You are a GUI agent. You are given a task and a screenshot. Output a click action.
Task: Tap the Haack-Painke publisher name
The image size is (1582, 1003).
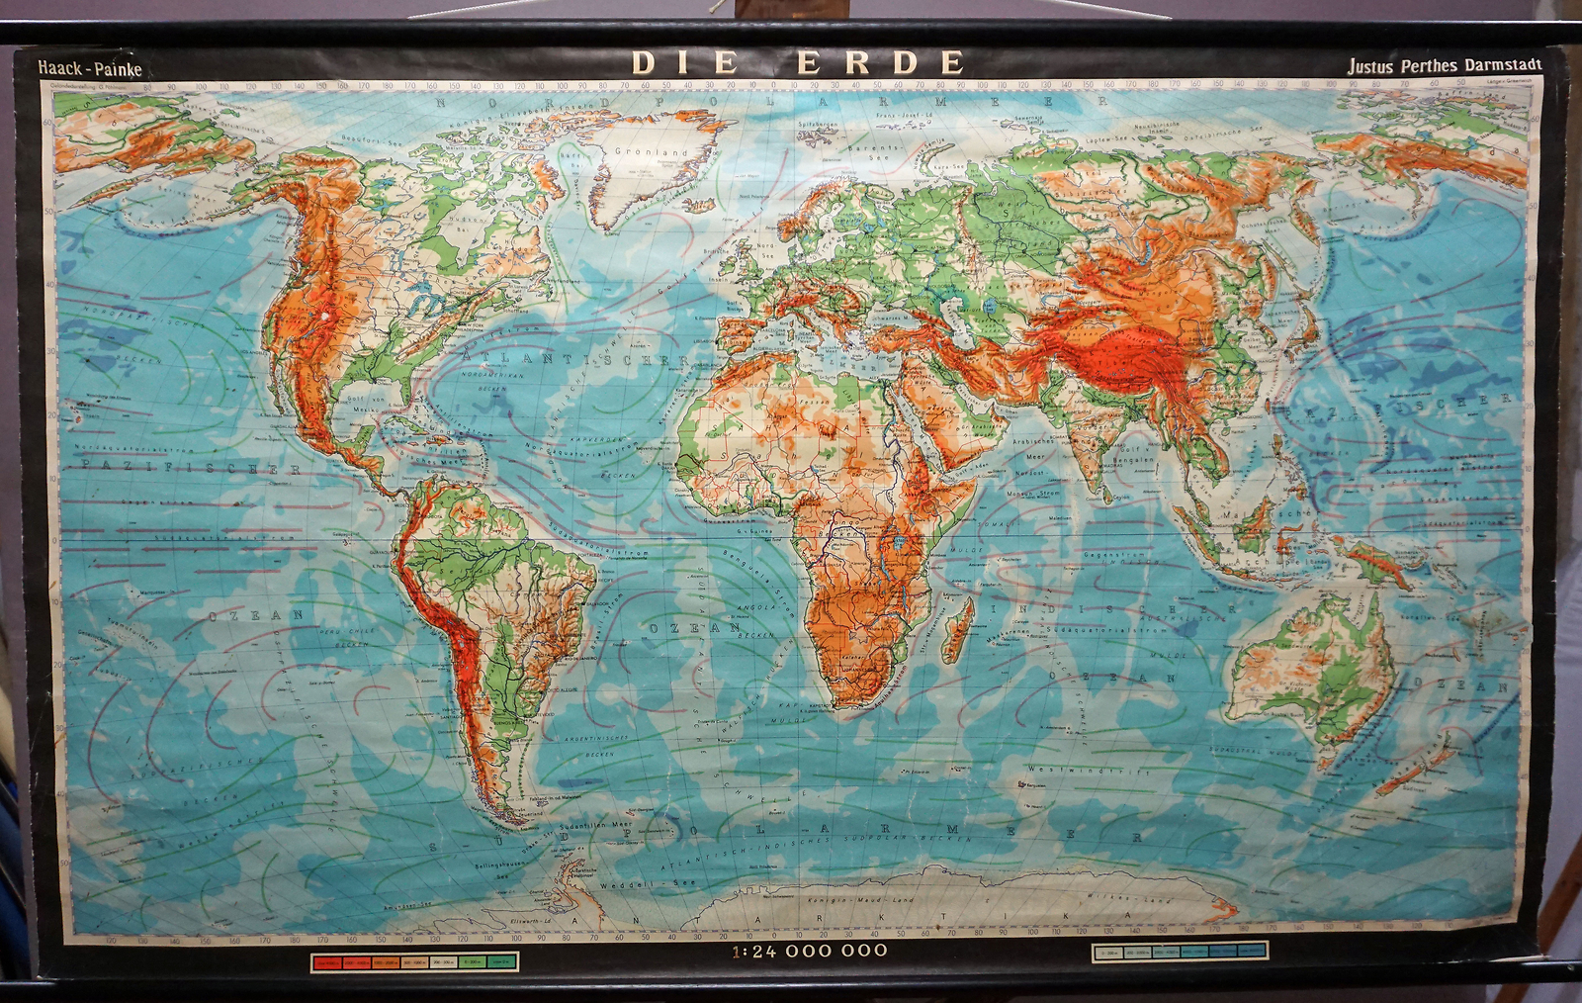pyautogui.click(x=90, y=68)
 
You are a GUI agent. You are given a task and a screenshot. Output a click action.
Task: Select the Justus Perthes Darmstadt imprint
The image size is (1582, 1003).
pyautogui.click(x=1456, y=65)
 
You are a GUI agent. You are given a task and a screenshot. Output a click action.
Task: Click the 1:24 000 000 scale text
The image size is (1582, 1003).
pyautogui.click(x=810, y=951)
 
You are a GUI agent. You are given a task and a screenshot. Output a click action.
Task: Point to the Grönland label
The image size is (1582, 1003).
pyautogui.click(x=651, y=152)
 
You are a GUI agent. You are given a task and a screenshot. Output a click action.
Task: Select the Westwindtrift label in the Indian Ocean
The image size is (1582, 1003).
pyautogui.click(x=1088, y=770)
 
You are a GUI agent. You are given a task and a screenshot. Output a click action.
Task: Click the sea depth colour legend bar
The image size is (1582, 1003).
pyautogui.click(x=1180, y=953)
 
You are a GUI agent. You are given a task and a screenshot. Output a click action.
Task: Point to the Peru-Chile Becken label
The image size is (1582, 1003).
pyautogui.click(x=350, y=636)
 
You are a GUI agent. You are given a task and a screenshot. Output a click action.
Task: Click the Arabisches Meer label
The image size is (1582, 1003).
pyautogui.click(x=1034, y=450)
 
